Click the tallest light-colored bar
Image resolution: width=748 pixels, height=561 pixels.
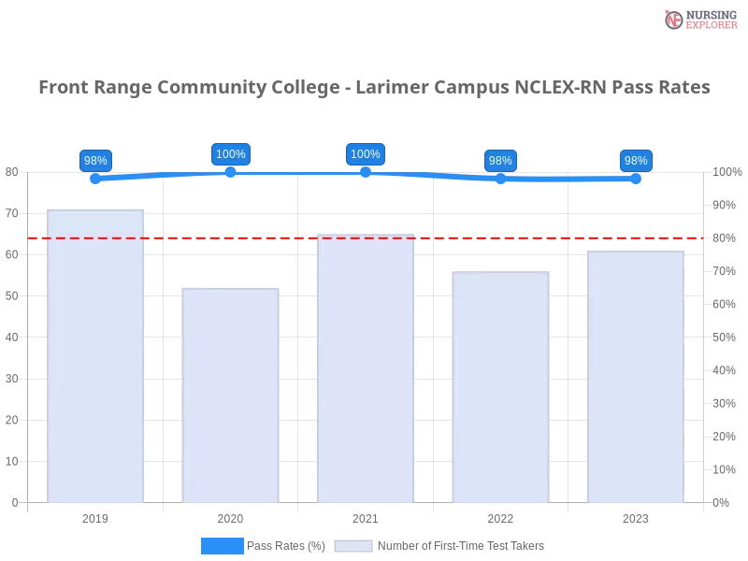pos(97,355)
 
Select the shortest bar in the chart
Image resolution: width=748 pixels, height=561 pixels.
pos(232,397)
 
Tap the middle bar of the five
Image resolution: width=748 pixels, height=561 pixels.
pos(367,369)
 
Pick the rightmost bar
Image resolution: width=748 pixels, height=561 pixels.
pos(636,379)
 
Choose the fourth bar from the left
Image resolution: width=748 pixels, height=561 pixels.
pos(501,388)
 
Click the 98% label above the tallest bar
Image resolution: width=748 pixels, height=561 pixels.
pos(95,161)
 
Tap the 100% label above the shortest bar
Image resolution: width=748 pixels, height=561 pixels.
pos(231,154)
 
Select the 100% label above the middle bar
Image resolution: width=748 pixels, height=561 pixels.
pos(365,154)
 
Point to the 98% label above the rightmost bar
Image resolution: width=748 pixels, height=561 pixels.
pos(636,161)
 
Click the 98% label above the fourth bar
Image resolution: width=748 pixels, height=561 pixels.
pos(500,161)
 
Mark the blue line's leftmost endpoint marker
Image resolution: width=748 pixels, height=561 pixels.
pos(95,180)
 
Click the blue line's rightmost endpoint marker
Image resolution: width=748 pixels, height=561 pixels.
pos(637,180)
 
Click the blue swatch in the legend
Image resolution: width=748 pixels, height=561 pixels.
pos(222,545)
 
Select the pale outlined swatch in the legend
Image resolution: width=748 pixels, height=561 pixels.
pos(353,545)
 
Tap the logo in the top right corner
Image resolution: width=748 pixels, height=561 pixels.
pos(698,19)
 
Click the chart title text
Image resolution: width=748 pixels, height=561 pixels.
pos(374,88)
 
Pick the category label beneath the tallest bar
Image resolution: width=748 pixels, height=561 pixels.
pos(97,516)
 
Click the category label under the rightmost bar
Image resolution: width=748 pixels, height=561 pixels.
pos(636,516)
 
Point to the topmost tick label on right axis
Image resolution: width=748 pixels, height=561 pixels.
pos(726,172)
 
